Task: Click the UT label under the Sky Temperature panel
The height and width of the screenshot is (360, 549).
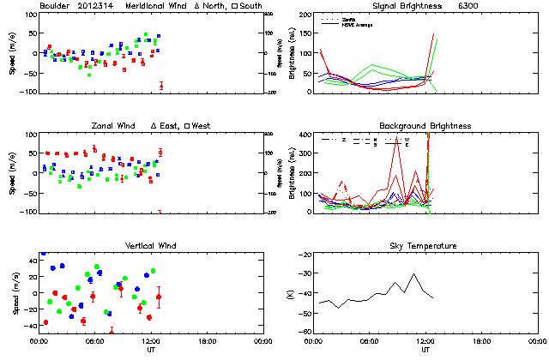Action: (x=425, y=351)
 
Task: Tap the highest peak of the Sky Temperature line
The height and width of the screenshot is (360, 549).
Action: (x=413, y=274)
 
